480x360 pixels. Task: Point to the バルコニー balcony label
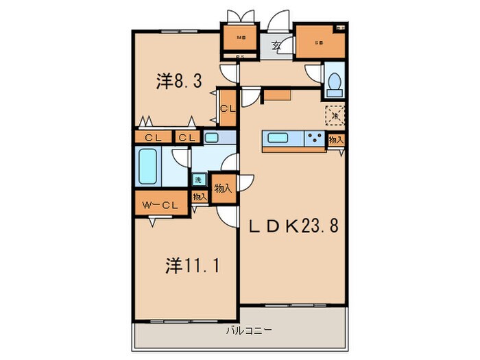tap(249, 330)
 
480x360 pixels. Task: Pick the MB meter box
tap(241, 38)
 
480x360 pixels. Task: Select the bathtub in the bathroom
tap(148, 167)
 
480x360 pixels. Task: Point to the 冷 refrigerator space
tap(335, 115)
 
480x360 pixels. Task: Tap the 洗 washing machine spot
tap(197, 180)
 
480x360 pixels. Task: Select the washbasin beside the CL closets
tap(212, 138)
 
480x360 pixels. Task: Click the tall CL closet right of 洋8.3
tap(228, 108)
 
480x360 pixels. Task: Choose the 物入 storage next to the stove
tap(336, 139)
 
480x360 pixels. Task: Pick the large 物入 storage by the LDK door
tap(222, 187)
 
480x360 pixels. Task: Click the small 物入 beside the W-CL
tap(199, 197)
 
